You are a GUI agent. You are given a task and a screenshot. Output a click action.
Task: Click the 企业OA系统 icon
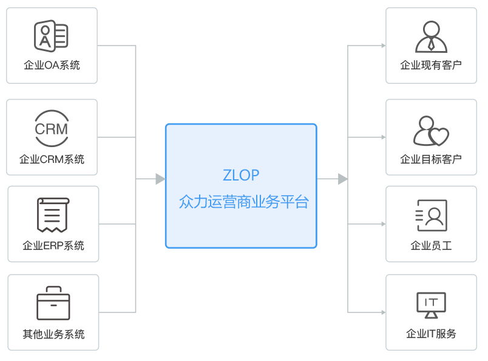click(51, 35)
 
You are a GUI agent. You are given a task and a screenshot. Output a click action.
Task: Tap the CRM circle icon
click(51, 128)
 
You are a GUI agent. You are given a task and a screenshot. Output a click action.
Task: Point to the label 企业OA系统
click(52, 65)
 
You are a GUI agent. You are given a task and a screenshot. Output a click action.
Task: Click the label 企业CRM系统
click(52, 160)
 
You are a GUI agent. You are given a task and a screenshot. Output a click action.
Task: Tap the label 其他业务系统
click(53, 334)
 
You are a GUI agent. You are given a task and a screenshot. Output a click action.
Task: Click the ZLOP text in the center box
click(240, 175)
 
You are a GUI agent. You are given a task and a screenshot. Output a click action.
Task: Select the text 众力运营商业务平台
click(243, 202)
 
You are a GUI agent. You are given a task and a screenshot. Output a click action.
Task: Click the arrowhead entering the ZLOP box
click(160, 179)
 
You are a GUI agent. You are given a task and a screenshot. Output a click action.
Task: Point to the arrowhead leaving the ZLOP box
click(343, 179)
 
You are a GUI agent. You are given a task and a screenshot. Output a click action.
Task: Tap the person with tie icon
click(431, 37)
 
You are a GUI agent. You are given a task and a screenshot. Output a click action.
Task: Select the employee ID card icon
click(431, 216)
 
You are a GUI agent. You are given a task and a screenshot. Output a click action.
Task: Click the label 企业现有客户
click(431, 65)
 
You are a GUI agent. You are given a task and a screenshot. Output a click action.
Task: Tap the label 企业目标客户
click(431, 159)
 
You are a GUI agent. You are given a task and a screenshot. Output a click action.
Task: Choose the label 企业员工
click(431, 246)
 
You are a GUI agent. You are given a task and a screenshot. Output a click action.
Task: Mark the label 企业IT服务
click(431, 334)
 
